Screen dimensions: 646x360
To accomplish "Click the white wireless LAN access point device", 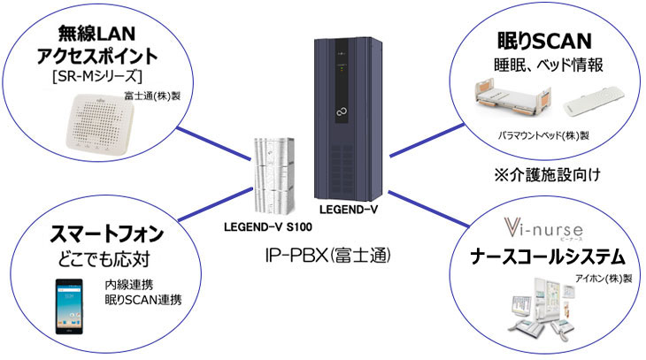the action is point(100,122).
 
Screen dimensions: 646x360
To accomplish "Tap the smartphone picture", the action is point(69,306).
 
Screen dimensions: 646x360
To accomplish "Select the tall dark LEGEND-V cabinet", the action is point(348,119).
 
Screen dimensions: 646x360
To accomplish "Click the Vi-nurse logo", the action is point(543,229).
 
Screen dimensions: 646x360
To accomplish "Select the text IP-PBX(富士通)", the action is point(327,256).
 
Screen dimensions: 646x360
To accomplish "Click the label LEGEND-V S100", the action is point(268,227).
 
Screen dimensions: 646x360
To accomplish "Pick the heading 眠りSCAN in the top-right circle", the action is point(544,42).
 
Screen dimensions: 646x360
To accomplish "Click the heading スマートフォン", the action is point(107,234).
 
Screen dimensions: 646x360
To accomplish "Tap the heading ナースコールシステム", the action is point(548,257).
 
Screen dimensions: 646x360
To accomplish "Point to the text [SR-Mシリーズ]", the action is point(96,76).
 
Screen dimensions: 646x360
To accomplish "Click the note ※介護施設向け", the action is point(547,175).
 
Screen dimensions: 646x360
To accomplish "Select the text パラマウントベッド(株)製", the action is point(543,135).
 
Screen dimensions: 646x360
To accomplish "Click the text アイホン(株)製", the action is point(604,279).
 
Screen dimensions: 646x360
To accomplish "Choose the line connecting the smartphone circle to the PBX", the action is point(215,204).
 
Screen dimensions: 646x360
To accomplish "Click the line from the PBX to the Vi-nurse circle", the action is point(428,210).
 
